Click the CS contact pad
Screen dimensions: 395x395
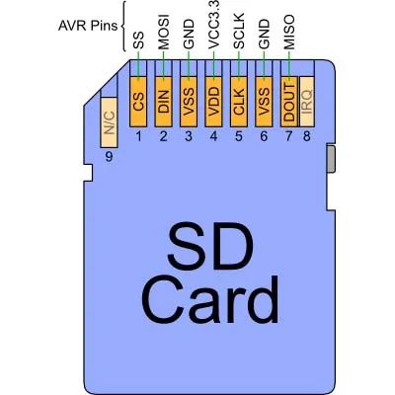[138, 102]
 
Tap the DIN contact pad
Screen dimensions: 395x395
[163, 102]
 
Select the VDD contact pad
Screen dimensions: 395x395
[213, 102]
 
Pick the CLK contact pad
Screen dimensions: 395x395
[239, 102]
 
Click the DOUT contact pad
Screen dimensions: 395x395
[289, 102]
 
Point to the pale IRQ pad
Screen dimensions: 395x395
[307, 102]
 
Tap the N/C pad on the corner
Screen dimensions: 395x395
[109, 122]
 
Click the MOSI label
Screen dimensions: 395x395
[163, 32]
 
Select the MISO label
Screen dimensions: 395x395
[289, 32]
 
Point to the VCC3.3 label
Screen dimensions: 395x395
[213, 26]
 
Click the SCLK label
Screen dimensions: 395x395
[239, 31]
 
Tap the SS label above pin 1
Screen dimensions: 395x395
[138, 40]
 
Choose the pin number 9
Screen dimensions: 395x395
[109, 157]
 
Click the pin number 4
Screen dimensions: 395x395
[213, 136]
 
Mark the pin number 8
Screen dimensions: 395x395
[307, 136]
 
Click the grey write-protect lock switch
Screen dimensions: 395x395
[331, 158]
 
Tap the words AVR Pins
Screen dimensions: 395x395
[88, 26]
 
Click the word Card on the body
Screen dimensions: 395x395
[210, 300]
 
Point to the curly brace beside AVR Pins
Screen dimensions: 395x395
[124, 26]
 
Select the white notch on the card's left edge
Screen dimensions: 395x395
[88, 173]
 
